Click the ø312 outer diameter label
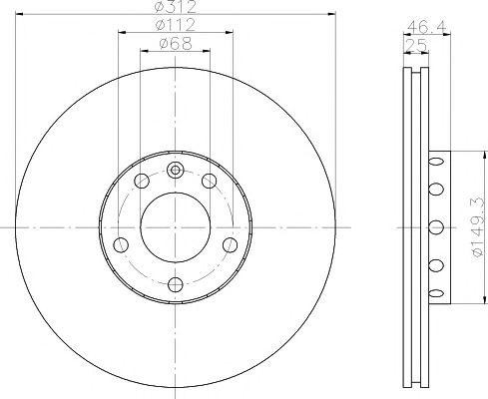pyautogui.click(x=177, y=7)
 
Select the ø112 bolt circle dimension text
pyautogui.click(x=176, y=25)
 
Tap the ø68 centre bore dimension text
pyautogui.click(x=176, y=44)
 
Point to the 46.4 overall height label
pyautogui.click(x=426, y=27)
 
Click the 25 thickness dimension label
pyautogui.click(x=416, y=45)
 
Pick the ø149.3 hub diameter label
pyautogui.click(x=477, y=226)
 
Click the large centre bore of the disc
pyautogui.click(x=176, y=226)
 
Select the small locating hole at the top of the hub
pyautogui.click(x=176, y=170)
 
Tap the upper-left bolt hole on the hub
pyautogui.click(x=142, y=181)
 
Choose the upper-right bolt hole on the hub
pyautogui.click(x=210, y=181)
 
